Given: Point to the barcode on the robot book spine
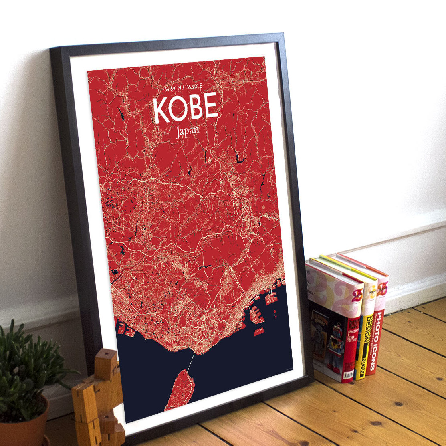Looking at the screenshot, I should (348, 374).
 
